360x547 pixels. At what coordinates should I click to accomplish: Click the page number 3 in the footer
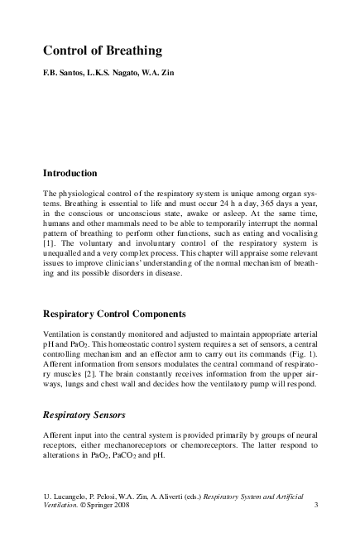318,505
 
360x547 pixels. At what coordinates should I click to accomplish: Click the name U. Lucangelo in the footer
67,495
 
